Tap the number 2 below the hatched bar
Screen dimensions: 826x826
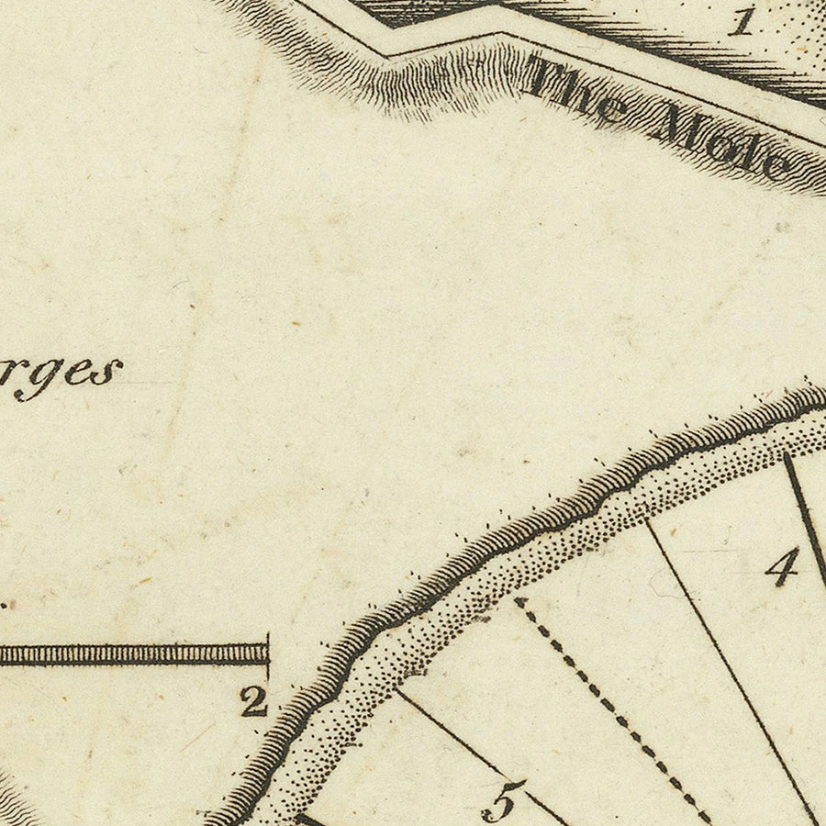click(x=253, y=702)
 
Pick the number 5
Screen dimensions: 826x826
click(x=504, y=800)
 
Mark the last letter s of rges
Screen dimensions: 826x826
click(x=110, y=373)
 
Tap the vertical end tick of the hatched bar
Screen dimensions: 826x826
click(x=267, y=648)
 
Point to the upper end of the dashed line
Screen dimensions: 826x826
click(x=519, y=602)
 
